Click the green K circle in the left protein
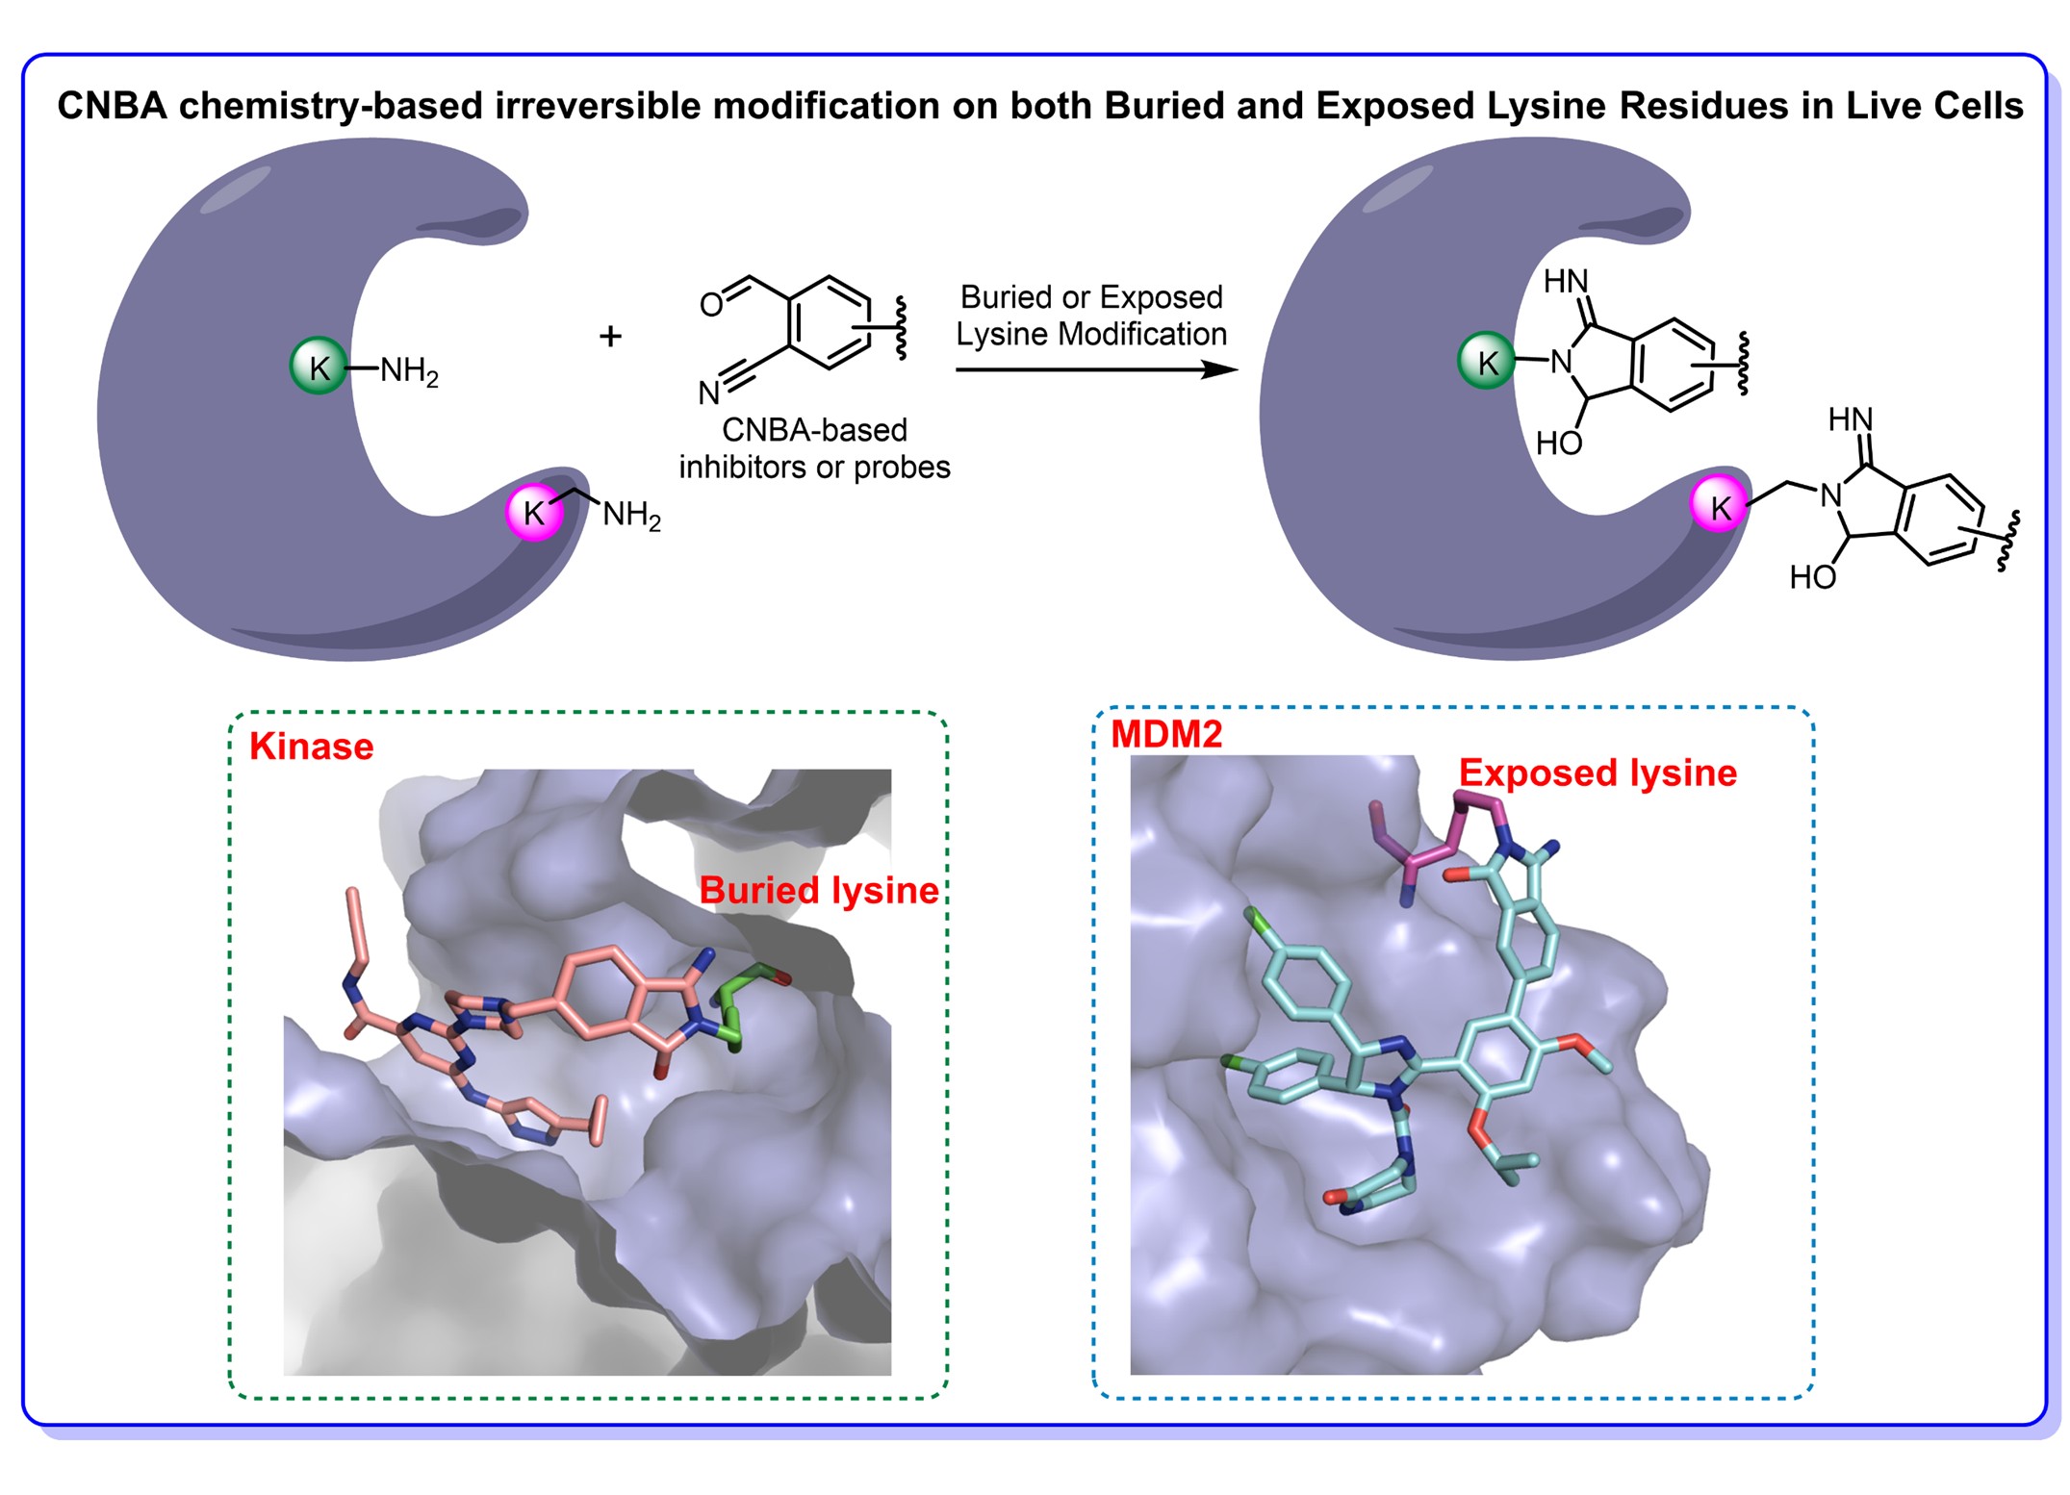(319, 366)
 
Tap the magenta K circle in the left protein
(534, 512)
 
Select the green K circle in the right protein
(1487, 361)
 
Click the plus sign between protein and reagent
(610, 336)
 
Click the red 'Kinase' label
(311, 747)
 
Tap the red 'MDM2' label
(1166, 734)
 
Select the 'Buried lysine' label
(818, 890)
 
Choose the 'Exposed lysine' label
(1597, 773)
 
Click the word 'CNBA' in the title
(113, 106)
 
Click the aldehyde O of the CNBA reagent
(710, 305)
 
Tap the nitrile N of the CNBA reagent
(708, 393)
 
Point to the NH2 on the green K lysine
(409, 369)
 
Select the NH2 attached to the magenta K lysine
(631, 515)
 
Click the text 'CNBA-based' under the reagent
(814, 429)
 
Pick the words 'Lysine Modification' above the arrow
(1091, 334)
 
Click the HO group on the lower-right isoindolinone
(1812, 577)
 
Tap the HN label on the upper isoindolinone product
(1566, 281)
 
